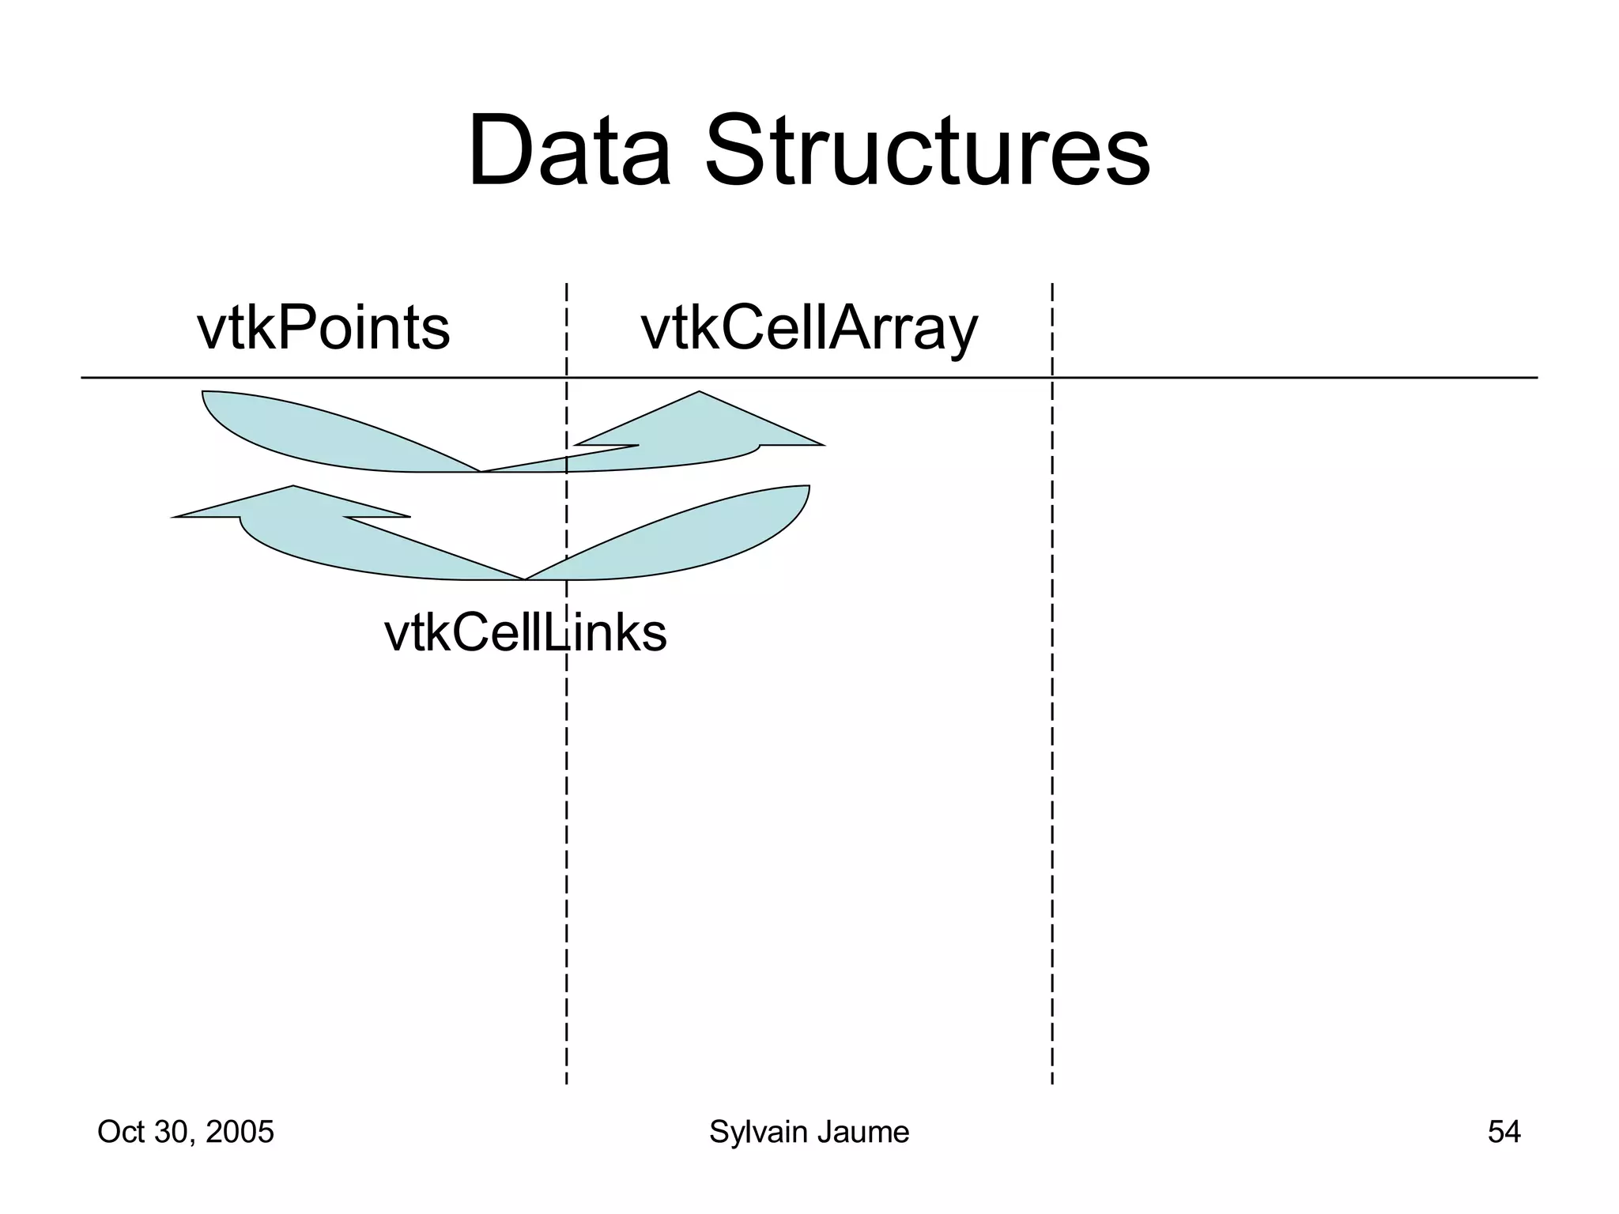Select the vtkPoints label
pos(323,329)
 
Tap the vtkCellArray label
pos(809,330)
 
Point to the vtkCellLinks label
pos(525,633)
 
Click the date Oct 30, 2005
pos(185,1132)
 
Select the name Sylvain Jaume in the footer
pos(809,1132)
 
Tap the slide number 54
pos(1504,1132)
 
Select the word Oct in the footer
pos(119,1132)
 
